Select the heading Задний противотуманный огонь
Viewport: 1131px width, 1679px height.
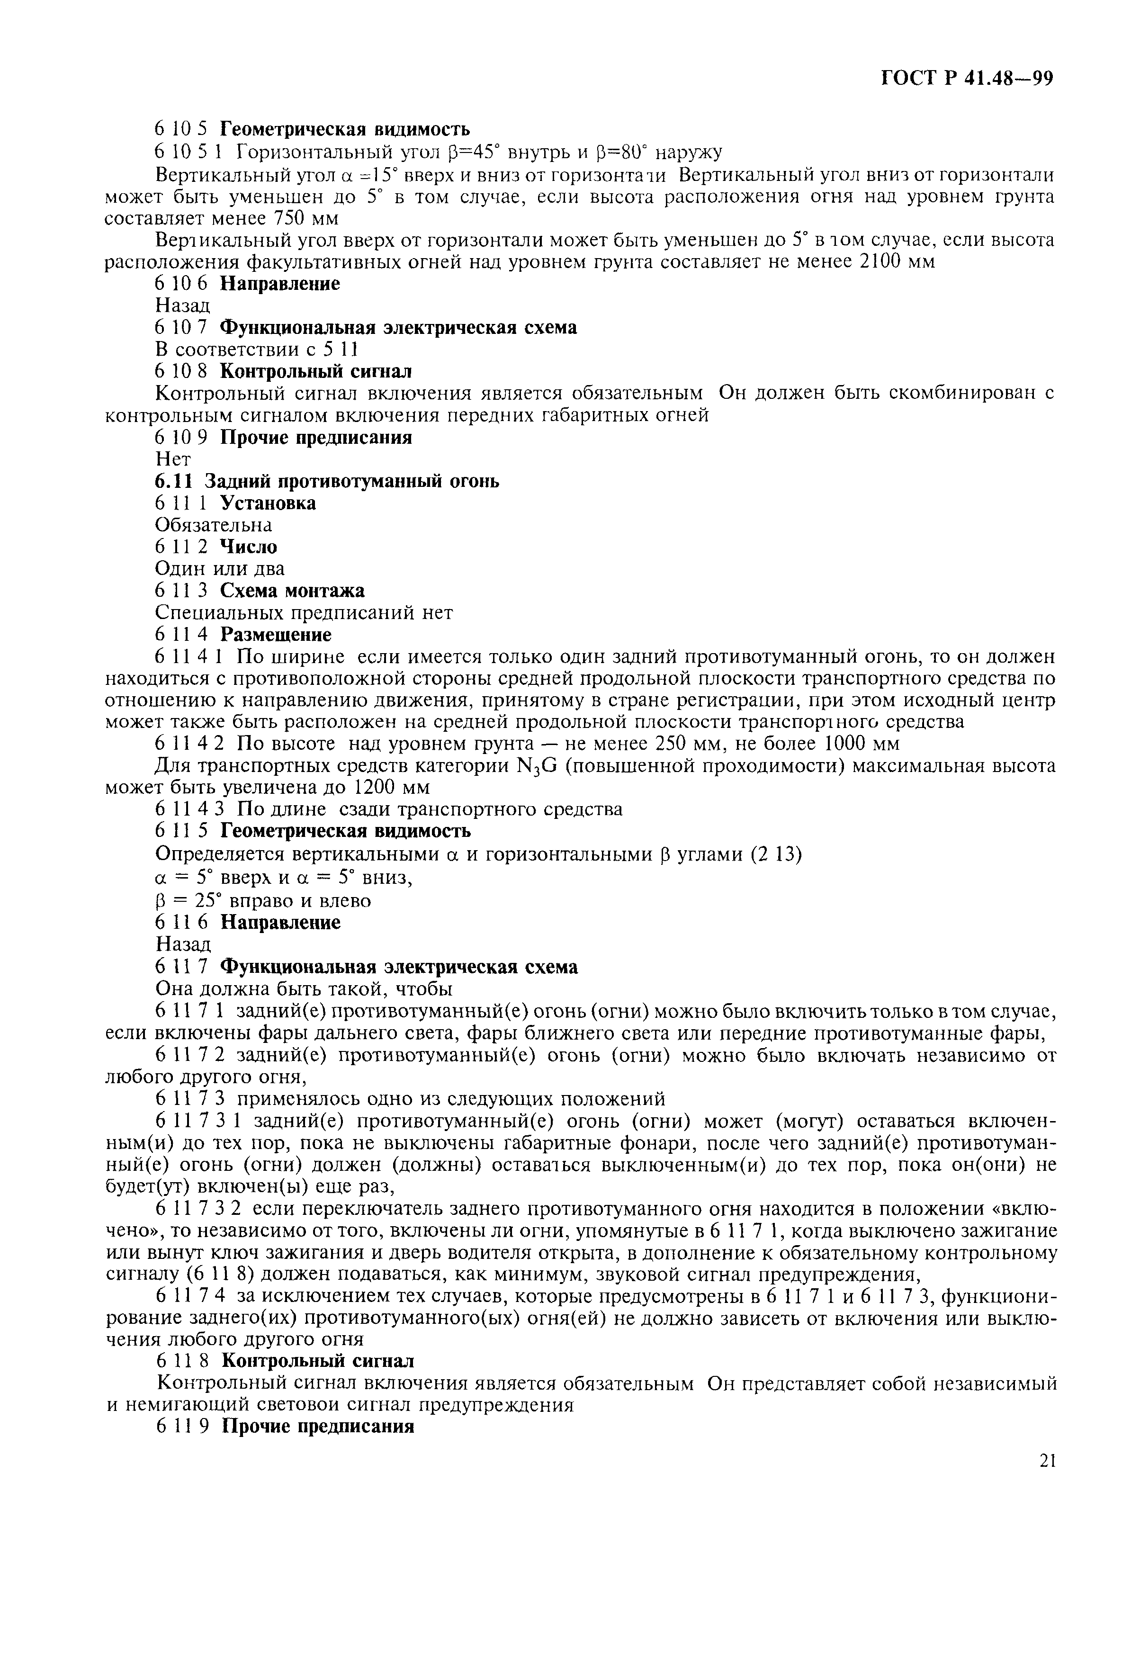pyautogui.click(x=352, y=481)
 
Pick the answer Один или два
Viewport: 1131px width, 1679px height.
pyautogui.click(x=220, y=568)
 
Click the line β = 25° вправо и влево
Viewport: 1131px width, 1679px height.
pyautogui.click(x=263, y=901)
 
